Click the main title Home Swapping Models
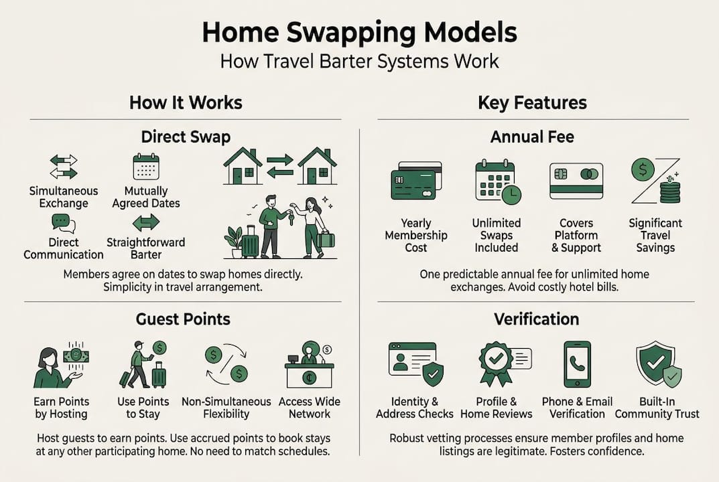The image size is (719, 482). pyautogui.click(x=359, y=32)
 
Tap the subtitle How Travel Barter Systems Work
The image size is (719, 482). pyautogui.click(x=359, y=62)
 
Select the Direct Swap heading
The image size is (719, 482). pyautogui.click(x=186, y=137)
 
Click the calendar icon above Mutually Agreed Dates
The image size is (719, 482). pyautogui.click(x=146, y=167)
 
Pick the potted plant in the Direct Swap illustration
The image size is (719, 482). pyautogui.click(x=234, y=241)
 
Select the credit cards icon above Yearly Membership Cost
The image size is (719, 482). pyautogui.click(x=415, y=181)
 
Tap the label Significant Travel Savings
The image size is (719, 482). pyautogui.click(x=655, y=235)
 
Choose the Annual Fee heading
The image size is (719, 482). pyautogui.click(x=532, y=137)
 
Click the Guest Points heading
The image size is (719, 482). pyautogui.click(x=183, y=319)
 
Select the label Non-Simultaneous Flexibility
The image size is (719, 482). pyautogui.click(x=226, y=408)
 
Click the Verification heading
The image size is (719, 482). pyautogui.click(x=536, y=319)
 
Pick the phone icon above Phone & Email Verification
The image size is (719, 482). pyautogui.click(x=577, y=364)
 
